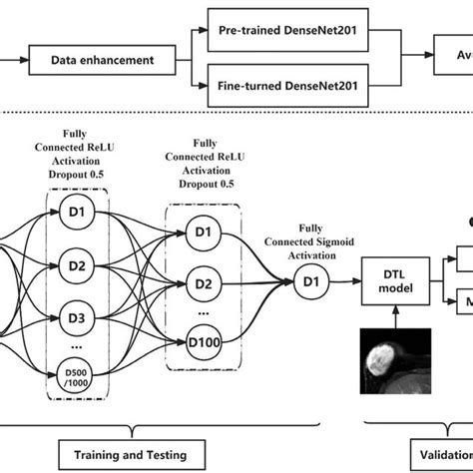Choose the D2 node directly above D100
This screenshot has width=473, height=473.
pos(203,284)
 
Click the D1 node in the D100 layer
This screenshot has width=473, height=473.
pos(203,233)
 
